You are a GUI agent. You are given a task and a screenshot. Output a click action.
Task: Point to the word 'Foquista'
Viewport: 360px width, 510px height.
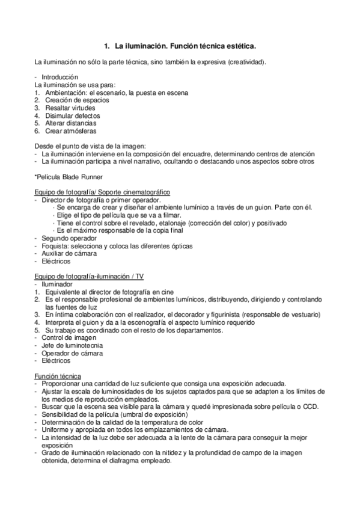tap(54, 246)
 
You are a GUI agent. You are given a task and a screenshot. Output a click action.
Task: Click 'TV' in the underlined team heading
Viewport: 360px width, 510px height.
tap(139, 276)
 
